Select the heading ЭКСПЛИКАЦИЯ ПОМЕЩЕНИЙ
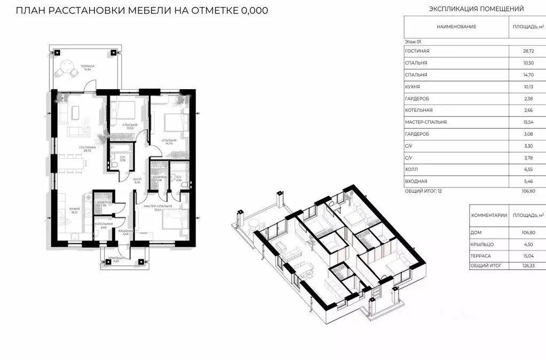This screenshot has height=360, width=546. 477,9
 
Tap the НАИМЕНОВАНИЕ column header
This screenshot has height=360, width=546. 456,27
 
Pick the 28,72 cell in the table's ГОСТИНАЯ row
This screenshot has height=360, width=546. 528,51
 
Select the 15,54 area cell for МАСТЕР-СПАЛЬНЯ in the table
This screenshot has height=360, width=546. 528,122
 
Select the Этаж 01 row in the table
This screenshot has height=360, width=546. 414,41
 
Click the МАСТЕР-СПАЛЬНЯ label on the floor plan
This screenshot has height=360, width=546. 158,206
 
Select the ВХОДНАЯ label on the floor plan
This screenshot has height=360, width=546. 126,230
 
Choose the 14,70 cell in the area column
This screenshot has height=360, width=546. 528,75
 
